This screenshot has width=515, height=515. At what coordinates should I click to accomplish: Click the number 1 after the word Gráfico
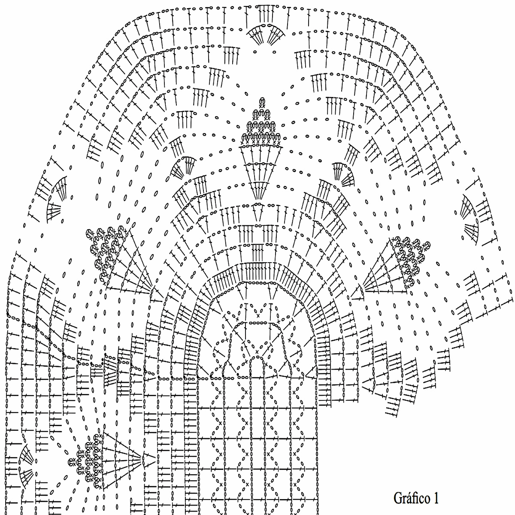point(436,498)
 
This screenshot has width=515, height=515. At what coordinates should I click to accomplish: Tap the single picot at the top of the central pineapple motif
point(261,101)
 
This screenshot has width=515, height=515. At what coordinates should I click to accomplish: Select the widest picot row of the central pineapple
point(261,137)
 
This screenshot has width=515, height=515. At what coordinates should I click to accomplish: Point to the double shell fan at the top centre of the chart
point(264,34)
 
